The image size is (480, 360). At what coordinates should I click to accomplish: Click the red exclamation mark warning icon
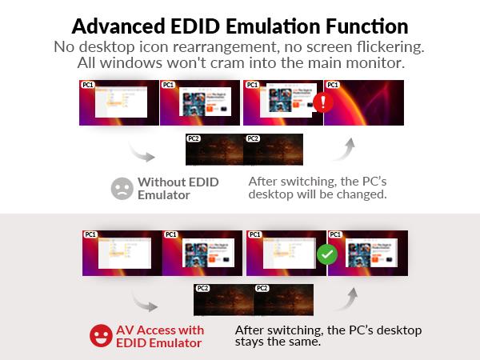pyautogui.click(x=322, y=102)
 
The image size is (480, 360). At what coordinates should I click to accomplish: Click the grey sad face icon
pyautogui.click(x=122, y=188)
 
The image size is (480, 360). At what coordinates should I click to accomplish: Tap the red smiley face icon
pyautogui.click(x=100, y=336)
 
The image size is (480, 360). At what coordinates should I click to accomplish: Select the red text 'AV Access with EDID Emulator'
pyautogui.click(x=160, y=336)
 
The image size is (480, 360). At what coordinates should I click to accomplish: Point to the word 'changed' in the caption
pyautogui.click(x=363, y=194)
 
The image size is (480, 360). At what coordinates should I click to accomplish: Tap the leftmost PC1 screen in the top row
pyautogui.click(x=118, y=102)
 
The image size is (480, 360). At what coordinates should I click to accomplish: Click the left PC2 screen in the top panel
pyautogui.click(x=214, y=150)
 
